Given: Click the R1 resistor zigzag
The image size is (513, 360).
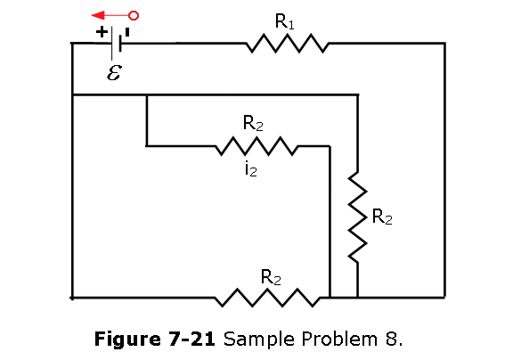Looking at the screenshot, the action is point(288,43).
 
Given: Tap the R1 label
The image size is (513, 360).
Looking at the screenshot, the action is point(284,22).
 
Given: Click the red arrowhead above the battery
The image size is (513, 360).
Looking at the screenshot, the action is point(98,15).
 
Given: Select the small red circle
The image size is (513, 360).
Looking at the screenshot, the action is point(134,15).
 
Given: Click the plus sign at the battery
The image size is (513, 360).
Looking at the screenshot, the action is point(102,32).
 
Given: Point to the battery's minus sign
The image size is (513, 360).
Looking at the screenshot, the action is point(127,32).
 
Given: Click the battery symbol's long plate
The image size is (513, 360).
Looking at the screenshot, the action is point(112,43).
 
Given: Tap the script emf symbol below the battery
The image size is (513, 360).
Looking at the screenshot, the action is point(115,72).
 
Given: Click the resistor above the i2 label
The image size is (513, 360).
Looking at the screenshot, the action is point(256,146).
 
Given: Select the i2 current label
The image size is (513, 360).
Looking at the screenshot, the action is point(251,169).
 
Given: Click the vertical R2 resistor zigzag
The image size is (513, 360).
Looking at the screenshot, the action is point(358,217).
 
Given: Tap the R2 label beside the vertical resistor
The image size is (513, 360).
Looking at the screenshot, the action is point(382,217).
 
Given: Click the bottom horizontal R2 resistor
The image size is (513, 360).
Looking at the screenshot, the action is point(267,298).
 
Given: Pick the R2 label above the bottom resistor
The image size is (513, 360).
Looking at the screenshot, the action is point(271,277).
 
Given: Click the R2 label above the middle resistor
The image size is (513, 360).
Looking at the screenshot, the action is point(253,123).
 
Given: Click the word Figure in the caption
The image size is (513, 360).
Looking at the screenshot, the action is point(127,339).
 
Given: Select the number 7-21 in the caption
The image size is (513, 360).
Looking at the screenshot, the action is point(192,339).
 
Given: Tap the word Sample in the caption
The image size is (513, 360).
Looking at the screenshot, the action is point(259,340).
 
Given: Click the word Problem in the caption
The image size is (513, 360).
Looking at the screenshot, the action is point(339,339).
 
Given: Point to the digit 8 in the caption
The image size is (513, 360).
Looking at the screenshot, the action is point(391,339).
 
